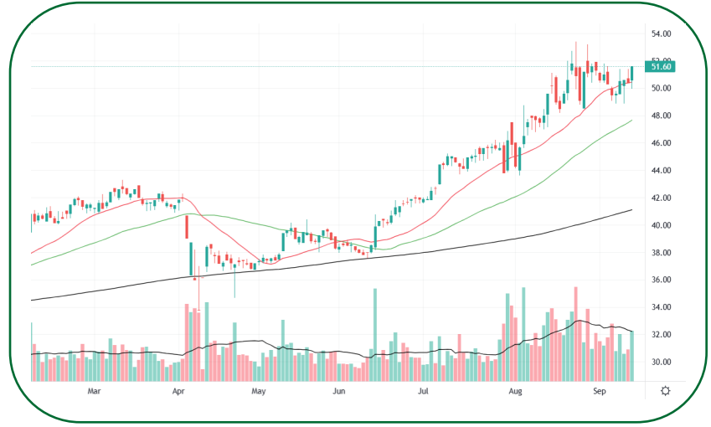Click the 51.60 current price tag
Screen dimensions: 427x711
click(x=661, y=66)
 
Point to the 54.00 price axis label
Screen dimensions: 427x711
click(x=662, y=34)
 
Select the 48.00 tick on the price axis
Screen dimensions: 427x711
click(x=662, y=116)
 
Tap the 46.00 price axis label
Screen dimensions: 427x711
click(x=662, y=143)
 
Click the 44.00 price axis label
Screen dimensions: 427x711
click(x=662, y=171)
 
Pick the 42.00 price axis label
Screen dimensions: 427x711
click(x=662, y=198)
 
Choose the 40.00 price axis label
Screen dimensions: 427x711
click(x=662, y=226)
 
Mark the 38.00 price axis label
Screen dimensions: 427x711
click(x=662, y=253)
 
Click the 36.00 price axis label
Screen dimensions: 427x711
click(x=662, y=280)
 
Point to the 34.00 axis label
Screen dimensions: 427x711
click(x=662, y=308)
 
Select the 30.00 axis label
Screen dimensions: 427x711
click(x=662, y=363)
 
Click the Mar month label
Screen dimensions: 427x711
click(x=94, y=391)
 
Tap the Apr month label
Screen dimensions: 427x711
click(x=178, y=391)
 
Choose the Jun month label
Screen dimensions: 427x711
click(x=338, y=391)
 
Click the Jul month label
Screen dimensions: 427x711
click(x=424, y=391)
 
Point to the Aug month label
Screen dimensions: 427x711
click(x=516, y=391)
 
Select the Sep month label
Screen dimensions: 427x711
click(x=599, y=391)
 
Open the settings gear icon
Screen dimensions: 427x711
click(x=665, y=391)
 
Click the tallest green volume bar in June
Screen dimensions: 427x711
click(x=374, y=335)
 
